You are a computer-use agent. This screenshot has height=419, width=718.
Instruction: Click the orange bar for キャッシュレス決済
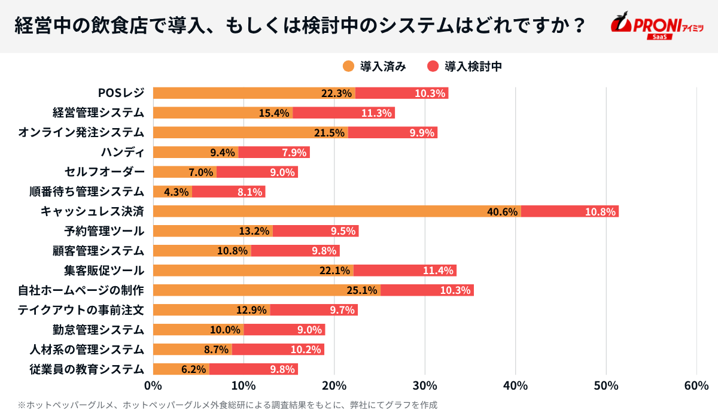tap(337, 211)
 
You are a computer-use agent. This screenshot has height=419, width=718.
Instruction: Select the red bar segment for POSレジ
tap(401, 93)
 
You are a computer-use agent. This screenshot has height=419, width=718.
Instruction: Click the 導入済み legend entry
tap(375, 66)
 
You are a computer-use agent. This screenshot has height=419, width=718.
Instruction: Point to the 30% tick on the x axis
tap(425, 386)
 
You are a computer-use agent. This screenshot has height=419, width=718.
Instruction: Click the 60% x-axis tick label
tap(696, 386)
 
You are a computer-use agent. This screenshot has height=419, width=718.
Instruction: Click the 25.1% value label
tap(362, 290)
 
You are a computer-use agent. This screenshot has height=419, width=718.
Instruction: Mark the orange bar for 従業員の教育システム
tap(181, 369)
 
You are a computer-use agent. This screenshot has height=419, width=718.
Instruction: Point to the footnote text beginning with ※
tap(227, 405)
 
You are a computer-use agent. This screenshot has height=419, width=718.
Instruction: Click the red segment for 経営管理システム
tap(343, 113)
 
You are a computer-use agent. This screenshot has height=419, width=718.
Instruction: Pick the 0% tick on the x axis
tap(153, 386)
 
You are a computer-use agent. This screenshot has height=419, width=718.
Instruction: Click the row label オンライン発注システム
tap(81, 132)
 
